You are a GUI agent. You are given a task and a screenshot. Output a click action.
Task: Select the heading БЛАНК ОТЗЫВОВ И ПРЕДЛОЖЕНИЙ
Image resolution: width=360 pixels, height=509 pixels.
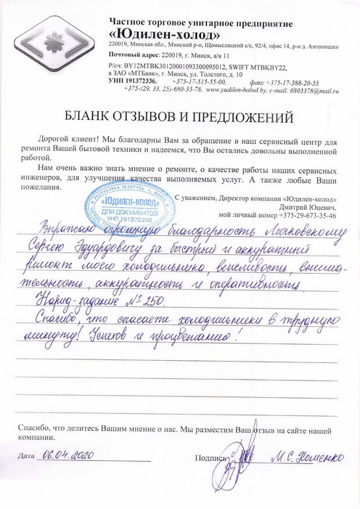tap(180, 116)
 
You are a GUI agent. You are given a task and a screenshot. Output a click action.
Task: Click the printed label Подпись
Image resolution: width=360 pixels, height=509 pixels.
tap(211, 458)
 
